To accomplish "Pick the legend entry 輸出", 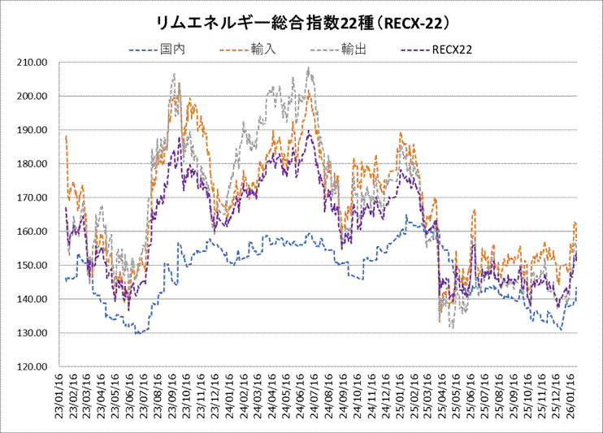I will [x=355, y=50].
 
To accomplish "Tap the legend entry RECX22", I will [x=455, y=50].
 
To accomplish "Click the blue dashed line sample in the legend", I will [x=143, y=50].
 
